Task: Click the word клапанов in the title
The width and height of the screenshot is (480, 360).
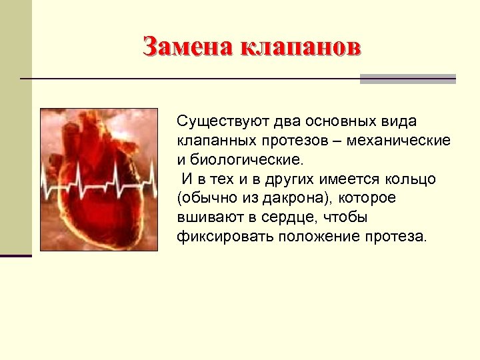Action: pos(299,47)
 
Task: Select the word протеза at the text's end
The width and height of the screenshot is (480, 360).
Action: pos(393,237)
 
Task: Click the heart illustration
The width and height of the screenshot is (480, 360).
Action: pos(99,180)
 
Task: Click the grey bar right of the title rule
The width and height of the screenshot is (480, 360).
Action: pos(407,79)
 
